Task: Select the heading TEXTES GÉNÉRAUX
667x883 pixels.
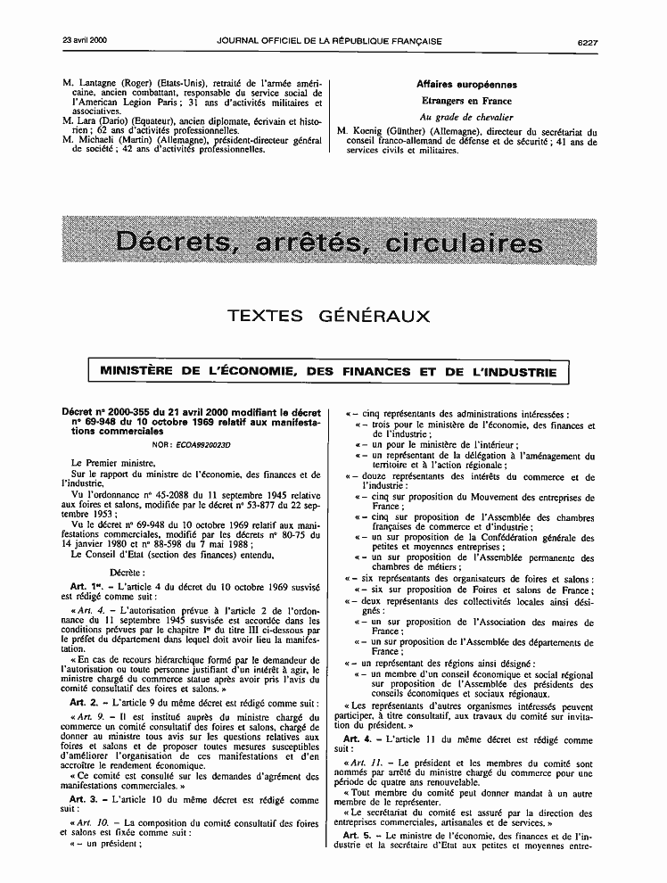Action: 329,316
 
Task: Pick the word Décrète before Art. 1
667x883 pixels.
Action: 128,546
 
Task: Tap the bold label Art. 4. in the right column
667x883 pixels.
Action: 359,740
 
